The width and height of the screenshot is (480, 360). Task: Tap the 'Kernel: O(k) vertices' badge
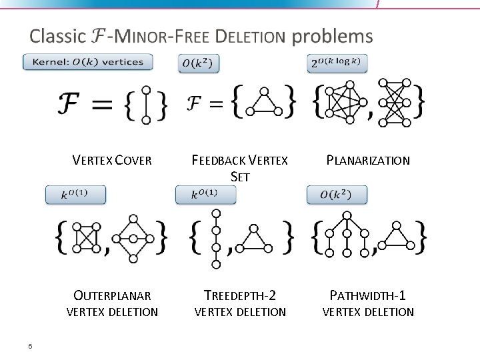pyautogui.click(x=87, y=62)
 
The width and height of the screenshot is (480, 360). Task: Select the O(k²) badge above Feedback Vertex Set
pyautogui.click(x=199, y=63)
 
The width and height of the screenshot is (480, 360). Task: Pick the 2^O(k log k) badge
pyautogui.click(x=337, y=63)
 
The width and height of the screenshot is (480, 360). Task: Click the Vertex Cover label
pyautogui.click(x=112, y=160)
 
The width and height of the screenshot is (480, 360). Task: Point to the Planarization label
pyautogui.click(x=367, y=160)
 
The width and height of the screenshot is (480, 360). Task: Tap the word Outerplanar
pyautogui.click(x=112, y=295)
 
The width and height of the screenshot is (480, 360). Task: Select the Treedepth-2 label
pyautogui.click(x=240, y=295)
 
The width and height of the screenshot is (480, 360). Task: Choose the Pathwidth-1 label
pyautogui.click(x=368, y=295)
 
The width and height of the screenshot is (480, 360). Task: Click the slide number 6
pyautogui.click(x=31, y=345)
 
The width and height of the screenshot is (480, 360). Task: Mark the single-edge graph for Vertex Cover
pyautogui.click(x=146, y=105)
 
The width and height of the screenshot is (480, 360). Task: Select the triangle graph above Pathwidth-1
pyautogui.click(x=398, y=238)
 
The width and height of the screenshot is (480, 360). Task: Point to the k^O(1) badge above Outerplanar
pyautogui.click(x=75, y=195)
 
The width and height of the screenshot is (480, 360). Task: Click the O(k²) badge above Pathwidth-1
pyautogui.click(x=337, y=195)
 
